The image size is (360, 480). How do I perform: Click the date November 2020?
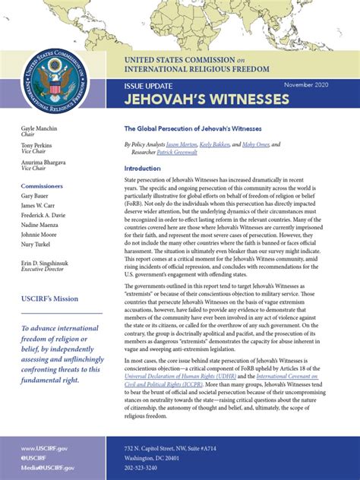tap(314, 85)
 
